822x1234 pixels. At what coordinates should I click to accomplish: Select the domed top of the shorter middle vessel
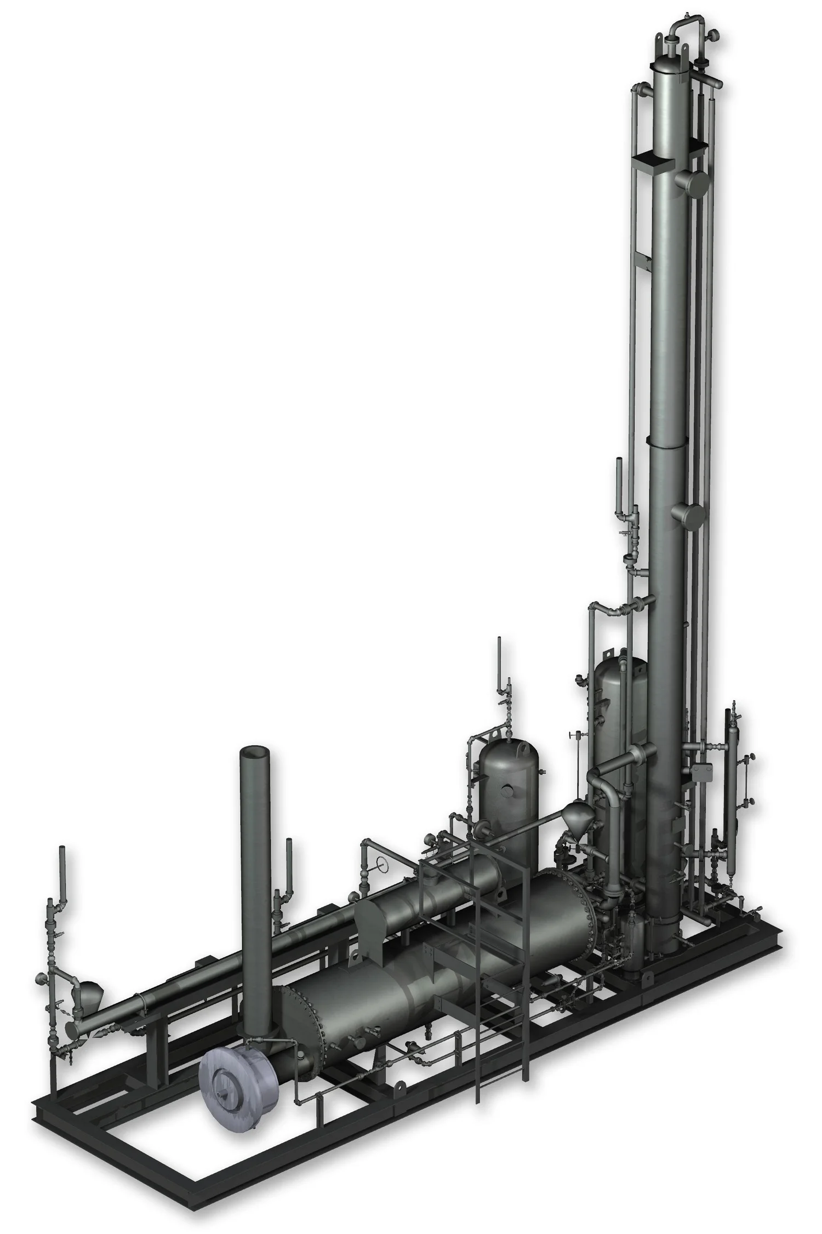[x=507, y=751]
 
